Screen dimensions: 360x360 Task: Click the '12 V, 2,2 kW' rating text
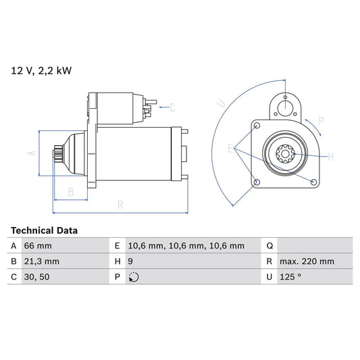(41, 69)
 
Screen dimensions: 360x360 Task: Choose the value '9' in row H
(130, 261)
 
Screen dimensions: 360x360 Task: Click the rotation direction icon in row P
(133, 277)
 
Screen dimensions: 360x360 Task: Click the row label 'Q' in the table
(269, 246)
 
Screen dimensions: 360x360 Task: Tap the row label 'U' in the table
(269, 277)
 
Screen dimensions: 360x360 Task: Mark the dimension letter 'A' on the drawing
(30, 154)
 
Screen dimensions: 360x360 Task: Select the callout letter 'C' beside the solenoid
(172, 107)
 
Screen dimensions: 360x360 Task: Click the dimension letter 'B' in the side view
(70, 191)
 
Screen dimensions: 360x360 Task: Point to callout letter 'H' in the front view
(330, 157)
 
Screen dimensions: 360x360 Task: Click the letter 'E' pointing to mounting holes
(230, 148)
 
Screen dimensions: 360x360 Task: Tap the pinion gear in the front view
(285, 155)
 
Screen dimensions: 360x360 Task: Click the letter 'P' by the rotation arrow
(321, 122)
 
